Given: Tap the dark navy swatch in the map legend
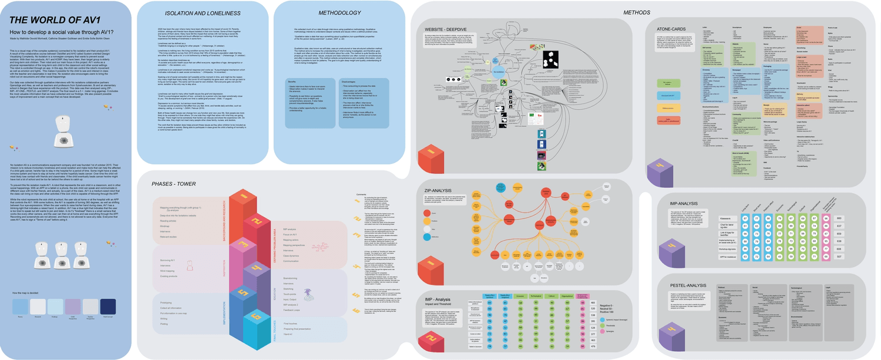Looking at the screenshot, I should [x=108, y=304].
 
